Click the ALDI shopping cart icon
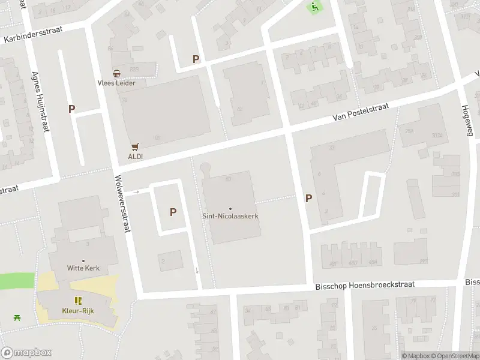(135, 146)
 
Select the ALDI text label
(135, 156)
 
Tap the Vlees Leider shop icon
(117, 74)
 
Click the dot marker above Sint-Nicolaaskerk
(230, 209)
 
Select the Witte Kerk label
(83, 268)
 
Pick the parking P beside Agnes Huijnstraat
(72, 109)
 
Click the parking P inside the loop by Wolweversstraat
(173, 212)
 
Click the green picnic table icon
(17, 317)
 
